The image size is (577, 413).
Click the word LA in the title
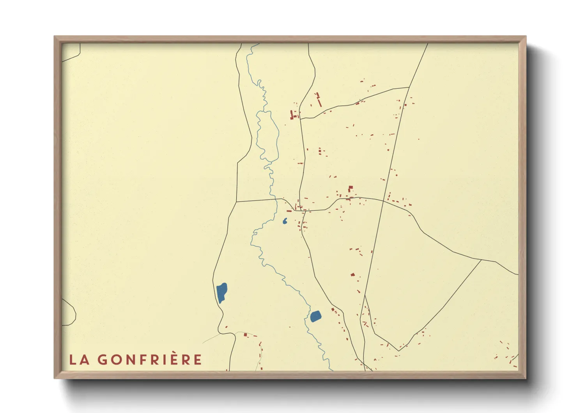pyautogui.click(x=79, y=360)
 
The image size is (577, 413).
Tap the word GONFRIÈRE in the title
pyautogui.click(x=150, y=360)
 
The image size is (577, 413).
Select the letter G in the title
pyautogui.click(x=103, y=360)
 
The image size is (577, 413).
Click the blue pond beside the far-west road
pyautogui.click(x=221, y=292)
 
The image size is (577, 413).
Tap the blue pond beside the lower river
pyautogui.click(x=315, y=316)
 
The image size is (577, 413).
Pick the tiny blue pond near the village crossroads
pyautogui.click(x=285, y=221)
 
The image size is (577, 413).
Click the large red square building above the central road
pyautogui.click(x=350, y=188)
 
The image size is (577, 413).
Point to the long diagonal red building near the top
pyautogui.click(x=319, y=101)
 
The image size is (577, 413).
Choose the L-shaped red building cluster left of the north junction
pyautogui.click(x=292, y=115)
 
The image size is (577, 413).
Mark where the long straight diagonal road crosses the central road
pyautogui.click(x=384, y=201)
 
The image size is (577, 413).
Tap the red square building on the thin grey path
pyautogui.click(x=245, y=335)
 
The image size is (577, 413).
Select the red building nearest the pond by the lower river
pyautogui.click(x=333, y=310)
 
